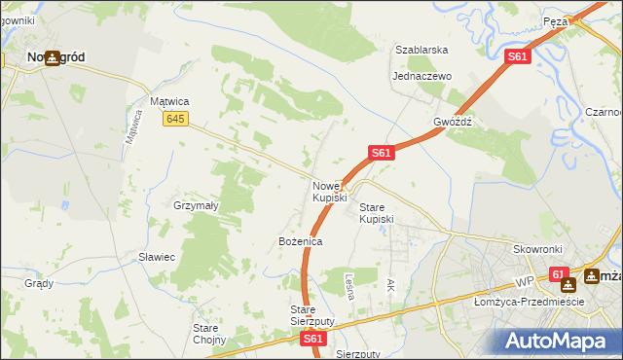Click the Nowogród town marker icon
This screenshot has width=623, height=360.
point(51,58)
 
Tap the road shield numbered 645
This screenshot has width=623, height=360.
point(175,119)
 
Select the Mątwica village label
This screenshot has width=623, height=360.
point(168,100)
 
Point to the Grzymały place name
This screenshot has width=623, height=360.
point(195,206)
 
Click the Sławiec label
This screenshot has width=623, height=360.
point(156,257)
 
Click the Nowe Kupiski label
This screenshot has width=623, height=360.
point(329,192)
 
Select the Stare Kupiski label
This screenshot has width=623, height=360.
point(377,213)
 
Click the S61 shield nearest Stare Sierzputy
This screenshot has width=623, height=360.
point(311,339)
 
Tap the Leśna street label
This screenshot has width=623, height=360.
point(349,285)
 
